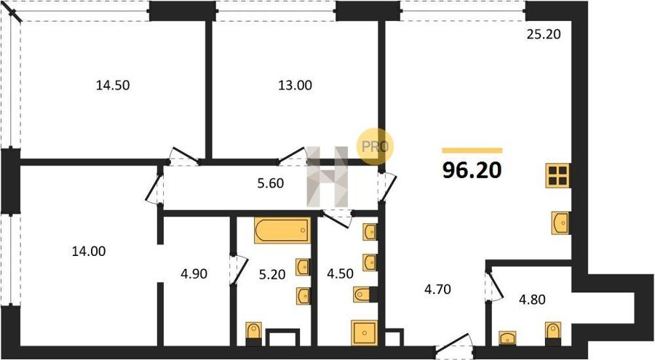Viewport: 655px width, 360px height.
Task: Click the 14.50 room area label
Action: pos(113,85)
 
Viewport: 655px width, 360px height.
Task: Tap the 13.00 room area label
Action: pos(295,85)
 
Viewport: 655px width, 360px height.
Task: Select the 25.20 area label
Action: pos(544,34)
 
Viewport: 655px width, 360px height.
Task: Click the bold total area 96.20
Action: pos(472,170)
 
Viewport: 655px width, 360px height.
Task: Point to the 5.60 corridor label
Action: pos(271,183)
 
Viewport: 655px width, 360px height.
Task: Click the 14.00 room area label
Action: pos(89,251)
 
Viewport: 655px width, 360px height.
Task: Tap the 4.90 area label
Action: pos(194,274)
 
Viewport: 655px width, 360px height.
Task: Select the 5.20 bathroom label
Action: pos(272,274)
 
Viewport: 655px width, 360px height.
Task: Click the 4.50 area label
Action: pos(340,274)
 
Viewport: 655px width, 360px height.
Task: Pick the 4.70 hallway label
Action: pos(437,289)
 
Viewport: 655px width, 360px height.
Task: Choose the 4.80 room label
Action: pos(532,300)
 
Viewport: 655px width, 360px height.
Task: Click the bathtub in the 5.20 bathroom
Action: pos(282,230)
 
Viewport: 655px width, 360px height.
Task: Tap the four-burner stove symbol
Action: pos(558,175)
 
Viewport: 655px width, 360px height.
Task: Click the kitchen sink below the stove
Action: pos(560,223)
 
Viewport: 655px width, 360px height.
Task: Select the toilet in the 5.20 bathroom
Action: pos(253,334)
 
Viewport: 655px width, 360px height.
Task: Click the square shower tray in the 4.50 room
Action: pos(365,333)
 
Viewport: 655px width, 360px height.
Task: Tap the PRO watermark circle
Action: pos(374,146)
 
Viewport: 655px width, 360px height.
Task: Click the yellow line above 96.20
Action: pos(472,151)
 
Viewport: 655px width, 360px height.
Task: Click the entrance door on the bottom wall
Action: pos(454,345)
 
